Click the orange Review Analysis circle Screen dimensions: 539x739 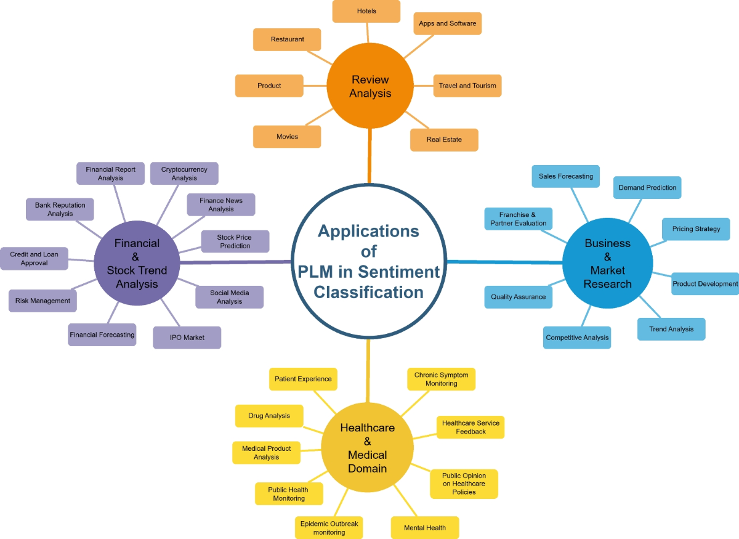pos(371,86)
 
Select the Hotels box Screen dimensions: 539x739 pos(366,11)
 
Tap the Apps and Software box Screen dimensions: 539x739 pos(447,23)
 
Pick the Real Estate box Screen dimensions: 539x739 pos(444,140)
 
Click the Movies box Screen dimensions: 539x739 pos(287,136)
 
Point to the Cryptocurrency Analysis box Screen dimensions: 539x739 pos(184,174)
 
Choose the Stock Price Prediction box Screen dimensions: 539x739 pos(235,241)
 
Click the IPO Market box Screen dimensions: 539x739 pos(187,338)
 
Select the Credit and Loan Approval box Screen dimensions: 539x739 pos(34,259)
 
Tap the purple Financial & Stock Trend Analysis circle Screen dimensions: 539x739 pos(136,264)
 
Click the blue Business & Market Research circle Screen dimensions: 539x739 pos(608,264)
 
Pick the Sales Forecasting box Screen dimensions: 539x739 pos(566,176)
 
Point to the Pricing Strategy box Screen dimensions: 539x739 pos(696,229)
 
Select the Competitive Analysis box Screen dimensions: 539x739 pos(577,338)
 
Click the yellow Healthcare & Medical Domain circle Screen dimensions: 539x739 pos(368,448)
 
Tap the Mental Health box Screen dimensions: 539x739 pos(425,528)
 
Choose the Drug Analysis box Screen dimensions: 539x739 pos(269,416)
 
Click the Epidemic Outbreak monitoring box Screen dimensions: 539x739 pos(329,528)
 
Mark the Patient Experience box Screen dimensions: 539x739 pos(303,379)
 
